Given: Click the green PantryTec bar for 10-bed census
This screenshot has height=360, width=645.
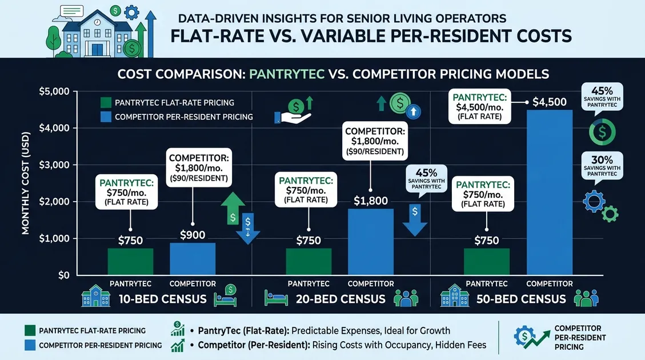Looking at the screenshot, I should click(130, 261).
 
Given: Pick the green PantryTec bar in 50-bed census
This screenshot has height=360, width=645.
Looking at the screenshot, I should click(487, 261).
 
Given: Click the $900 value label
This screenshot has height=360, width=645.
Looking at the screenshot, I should click(193, 235).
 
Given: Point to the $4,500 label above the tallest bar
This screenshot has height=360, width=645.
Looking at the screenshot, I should click(549, 102).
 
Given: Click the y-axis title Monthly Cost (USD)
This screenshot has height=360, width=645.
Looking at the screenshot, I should click(26, 183).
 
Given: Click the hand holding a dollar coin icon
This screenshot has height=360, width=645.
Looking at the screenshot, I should click(293, 111).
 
